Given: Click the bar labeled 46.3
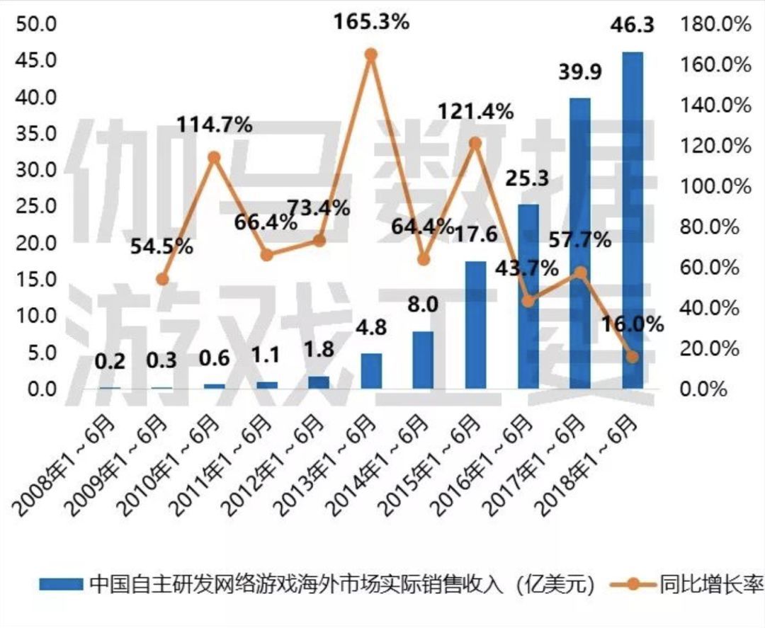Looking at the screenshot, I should (x=633, y=219).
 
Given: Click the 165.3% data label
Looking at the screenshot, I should (x=372, y=22).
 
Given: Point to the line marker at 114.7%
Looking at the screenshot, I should (x=214, y=157).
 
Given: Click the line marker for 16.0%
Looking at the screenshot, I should (x=633, y=357).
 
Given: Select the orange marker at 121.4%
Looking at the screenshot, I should (x=475, y=143).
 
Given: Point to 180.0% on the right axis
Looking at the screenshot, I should (x=715, y=24).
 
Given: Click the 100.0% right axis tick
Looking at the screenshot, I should (x=715, y=187).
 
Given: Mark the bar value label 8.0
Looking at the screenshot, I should (x=424, y=305).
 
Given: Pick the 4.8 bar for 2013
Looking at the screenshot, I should (x=371, y=371).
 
